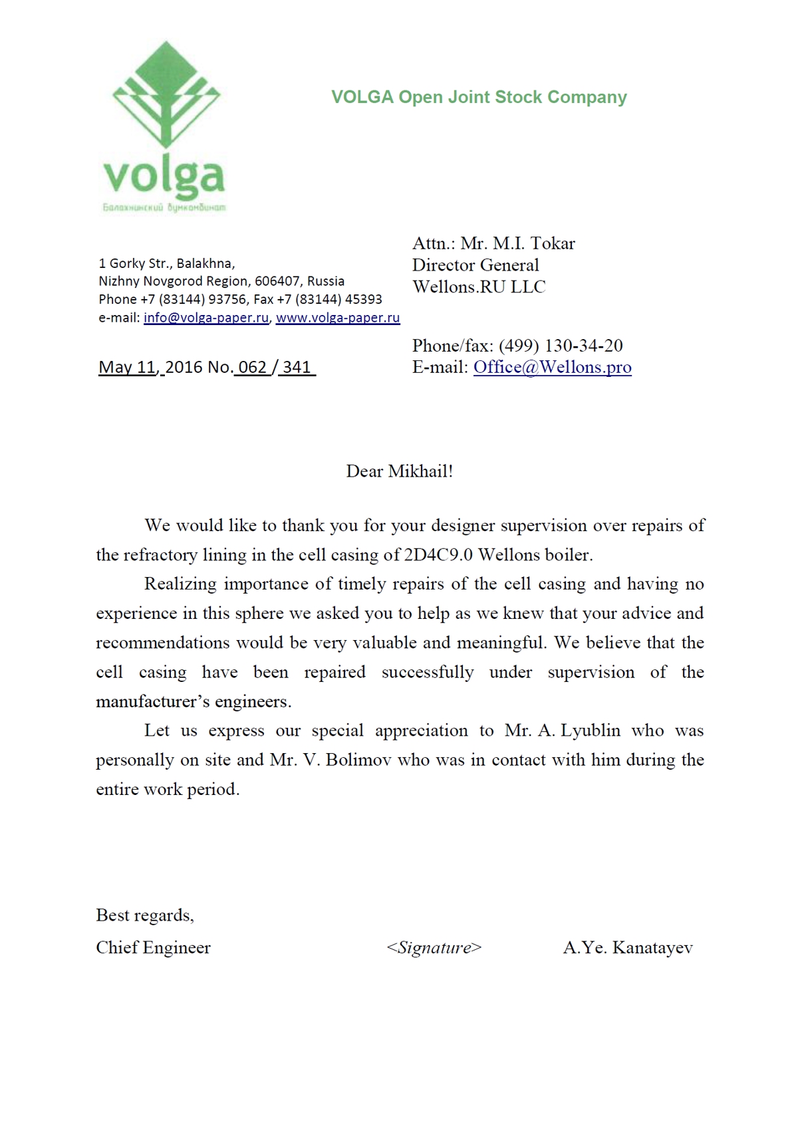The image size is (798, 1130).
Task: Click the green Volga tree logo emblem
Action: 166,96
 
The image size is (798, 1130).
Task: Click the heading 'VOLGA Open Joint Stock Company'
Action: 479,98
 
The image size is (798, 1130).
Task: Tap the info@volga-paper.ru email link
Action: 206,318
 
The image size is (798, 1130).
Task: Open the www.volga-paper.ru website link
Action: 338,318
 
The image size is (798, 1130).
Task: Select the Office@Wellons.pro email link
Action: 552,368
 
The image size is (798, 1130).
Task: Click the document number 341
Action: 297,368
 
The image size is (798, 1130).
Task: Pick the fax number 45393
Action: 364,300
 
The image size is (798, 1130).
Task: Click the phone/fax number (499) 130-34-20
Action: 561,346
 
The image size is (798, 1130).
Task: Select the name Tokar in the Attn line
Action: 552,243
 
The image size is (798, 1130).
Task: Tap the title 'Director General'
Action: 475,265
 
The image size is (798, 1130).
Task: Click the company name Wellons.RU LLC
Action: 479,287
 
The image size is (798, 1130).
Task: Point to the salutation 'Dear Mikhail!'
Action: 400,472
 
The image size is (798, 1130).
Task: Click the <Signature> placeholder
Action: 434,948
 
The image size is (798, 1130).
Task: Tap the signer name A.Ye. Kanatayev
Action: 628,948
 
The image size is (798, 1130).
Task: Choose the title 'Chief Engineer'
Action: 153,948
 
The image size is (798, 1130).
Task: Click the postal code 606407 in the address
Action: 277,282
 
